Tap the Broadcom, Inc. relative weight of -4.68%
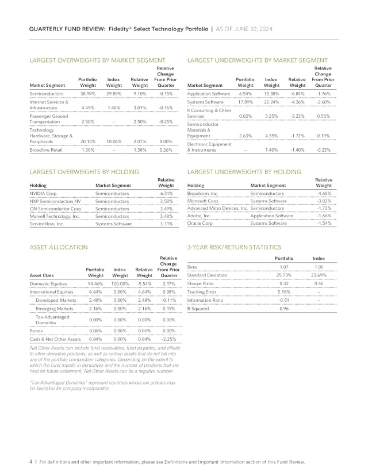324,194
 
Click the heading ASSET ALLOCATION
57,247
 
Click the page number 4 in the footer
30,462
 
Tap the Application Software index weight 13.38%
272,93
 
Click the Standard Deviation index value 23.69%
317,275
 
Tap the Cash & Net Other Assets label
55,339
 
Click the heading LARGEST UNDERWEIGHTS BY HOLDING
241,171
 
